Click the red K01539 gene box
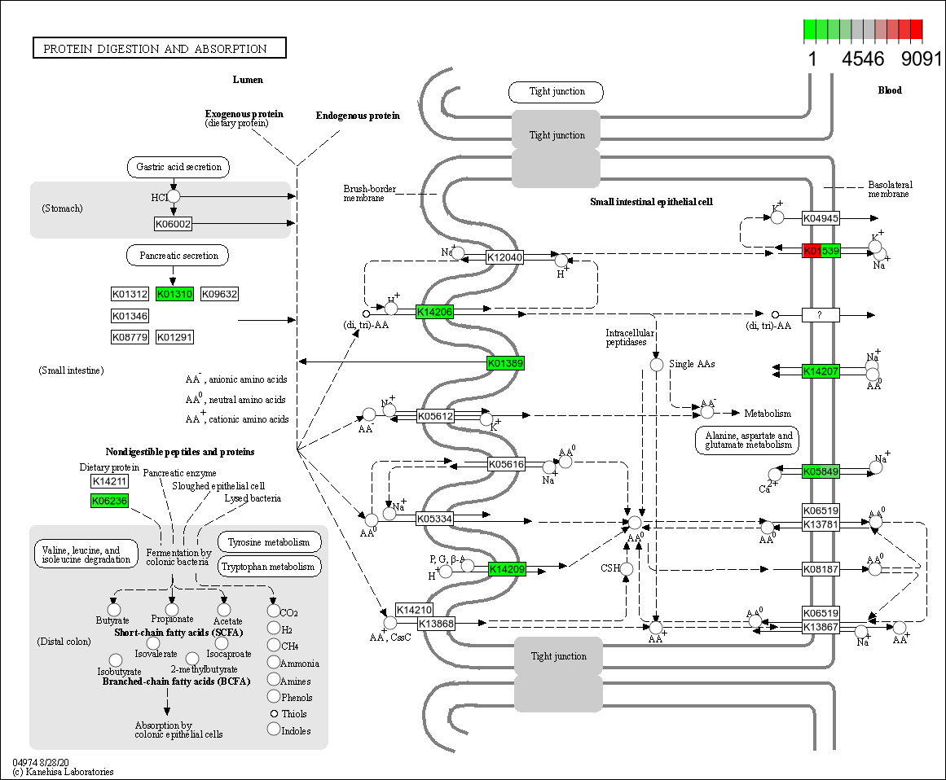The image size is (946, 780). click(821, 251)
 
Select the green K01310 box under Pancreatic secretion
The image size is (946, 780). click(175, 294)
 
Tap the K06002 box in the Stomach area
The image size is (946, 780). click(173, 224)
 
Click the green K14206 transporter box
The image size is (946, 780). click(434, 312)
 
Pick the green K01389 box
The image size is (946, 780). click(505, 363)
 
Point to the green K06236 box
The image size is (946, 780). click(109, 501)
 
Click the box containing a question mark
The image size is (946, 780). click(821, 314)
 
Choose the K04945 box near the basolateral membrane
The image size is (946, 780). click(821, 218)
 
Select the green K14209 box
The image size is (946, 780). click(507, 569)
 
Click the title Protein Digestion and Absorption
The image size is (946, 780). click(159, 49)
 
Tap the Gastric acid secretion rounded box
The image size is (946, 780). click(178, 168)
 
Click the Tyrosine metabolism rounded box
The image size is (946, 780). click(269, 542)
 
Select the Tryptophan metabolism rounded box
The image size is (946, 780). click(269, 567)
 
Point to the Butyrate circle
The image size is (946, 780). click(114, 609)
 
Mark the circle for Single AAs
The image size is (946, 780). click(657, 365)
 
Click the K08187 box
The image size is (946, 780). click(821, 569)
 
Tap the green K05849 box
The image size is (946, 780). click(821, 471)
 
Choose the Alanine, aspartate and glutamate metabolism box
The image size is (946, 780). click(748, 440)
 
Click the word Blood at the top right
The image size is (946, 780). click(890, 90)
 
